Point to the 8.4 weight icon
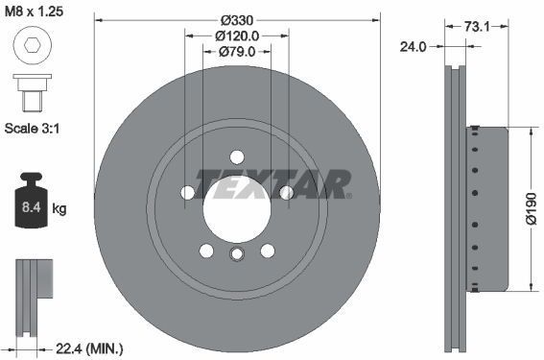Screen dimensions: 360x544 click(x=30, y=202)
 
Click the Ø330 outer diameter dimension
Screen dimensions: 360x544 click(x=236, y=20)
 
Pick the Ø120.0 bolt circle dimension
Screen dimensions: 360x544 click(x=236, y=36)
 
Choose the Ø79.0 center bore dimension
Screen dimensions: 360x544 click(x=236, y=52)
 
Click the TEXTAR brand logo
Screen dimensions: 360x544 click(x=273, y=181)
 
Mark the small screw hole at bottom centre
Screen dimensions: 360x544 click(x=236, y=254)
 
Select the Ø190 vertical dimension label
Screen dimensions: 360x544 click(x=529, y=206)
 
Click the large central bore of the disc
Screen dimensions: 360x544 click(x=236, y=205)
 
